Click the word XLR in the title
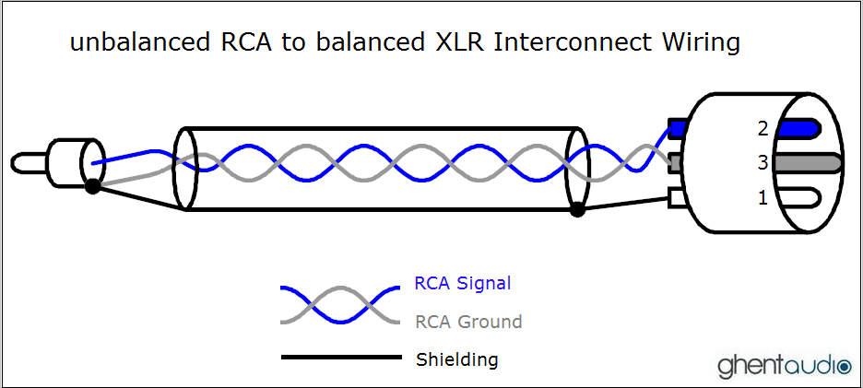pyautogui.click(x=458, y=42)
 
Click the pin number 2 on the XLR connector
pyautogui.click(x=763, y=129)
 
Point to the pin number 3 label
pyautogui.click(x=763, y=163)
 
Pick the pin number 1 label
pyautogui.click(x=763, y=197)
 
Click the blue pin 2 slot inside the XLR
pyautogui.click(x=802, y=128)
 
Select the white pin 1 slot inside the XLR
pyautogui.click(x=801, y=197)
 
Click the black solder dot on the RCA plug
pyautogui.click(x=92, y=187)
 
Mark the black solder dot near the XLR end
pyautogui.click(x=577, y=210)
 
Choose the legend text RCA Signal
pyautogui.click(x=462, y=283)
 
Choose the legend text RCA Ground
pyautogui.click(x=468, y=322)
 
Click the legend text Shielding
pyautogui.click(x=457, y=359)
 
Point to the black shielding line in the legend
pyautogui.click(x=340, y=358)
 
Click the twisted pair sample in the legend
pyautogui.click(x=340, y=303)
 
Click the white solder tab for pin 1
pyautogui.click(x=678, y=197)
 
